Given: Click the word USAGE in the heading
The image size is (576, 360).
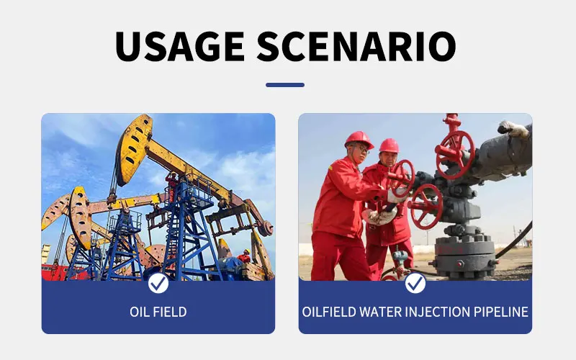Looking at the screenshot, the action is click(180, 46).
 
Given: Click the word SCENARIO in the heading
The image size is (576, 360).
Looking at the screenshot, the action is click(356, 46).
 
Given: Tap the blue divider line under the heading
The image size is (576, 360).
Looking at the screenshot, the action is click(285, 85).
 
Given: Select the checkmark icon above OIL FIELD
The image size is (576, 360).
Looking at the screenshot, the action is click(158, 283).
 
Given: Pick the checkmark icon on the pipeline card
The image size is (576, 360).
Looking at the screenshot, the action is click(415, 283).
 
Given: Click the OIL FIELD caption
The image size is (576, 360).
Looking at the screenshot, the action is click(158, 312).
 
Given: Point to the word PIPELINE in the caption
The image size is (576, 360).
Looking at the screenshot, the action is click(500, 312).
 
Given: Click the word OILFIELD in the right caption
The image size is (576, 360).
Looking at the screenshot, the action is click(329, 312).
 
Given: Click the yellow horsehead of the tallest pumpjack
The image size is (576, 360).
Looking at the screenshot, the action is click(134, 149).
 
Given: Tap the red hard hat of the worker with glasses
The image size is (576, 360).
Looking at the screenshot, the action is click(359, 140).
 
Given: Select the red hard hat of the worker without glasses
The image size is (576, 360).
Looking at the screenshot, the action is click(389, 146).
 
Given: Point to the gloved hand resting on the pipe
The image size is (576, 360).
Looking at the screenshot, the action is click(513, 129).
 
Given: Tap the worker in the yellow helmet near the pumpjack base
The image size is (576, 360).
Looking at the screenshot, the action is click(244, 256).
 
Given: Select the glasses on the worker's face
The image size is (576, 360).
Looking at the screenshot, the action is click(361, 148).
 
